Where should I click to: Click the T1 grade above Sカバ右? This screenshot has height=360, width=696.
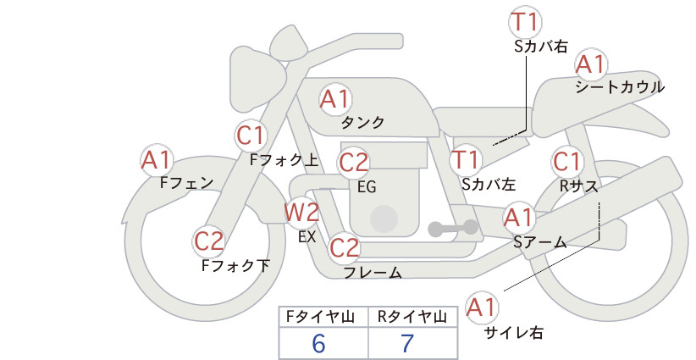[525, 22]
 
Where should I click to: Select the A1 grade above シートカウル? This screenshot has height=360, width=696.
[591, 64]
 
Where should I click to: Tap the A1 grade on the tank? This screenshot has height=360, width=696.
[335, 99]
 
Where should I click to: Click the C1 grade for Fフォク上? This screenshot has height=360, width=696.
[251, 136]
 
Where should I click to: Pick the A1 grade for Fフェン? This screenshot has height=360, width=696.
[156, 160]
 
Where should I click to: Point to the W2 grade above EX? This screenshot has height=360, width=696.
[301, 212]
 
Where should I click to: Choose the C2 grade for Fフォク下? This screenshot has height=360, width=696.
[209, 241]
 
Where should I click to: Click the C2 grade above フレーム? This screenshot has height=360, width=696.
[344, 247]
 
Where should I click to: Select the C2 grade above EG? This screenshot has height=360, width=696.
[353, 163]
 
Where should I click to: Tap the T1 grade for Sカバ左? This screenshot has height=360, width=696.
[465, 160]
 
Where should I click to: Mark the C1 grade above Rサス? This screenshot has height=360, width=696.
[566, 162]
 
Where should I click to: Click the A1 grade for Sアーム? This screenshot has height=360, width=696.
[518, 218]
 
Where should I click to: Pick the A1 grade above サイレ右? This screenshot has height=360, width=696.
[481, 307]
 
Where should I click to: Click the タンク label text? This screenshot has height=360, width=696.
[362, 123]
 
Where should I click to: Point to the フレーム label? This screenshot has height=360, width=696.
[373, 272]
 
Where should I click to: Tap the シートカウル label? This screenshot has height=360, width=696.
[620, 87]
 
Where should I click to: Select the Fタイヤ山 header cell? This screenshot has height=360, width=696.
[323, 317]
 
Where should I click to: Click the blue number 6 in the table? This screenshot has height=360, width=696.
[318, 343]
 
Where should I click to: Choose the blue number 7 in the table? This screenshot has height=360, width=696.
[406, 343]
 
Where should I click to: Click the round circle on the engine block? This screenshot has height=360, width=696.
[384, 219]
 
